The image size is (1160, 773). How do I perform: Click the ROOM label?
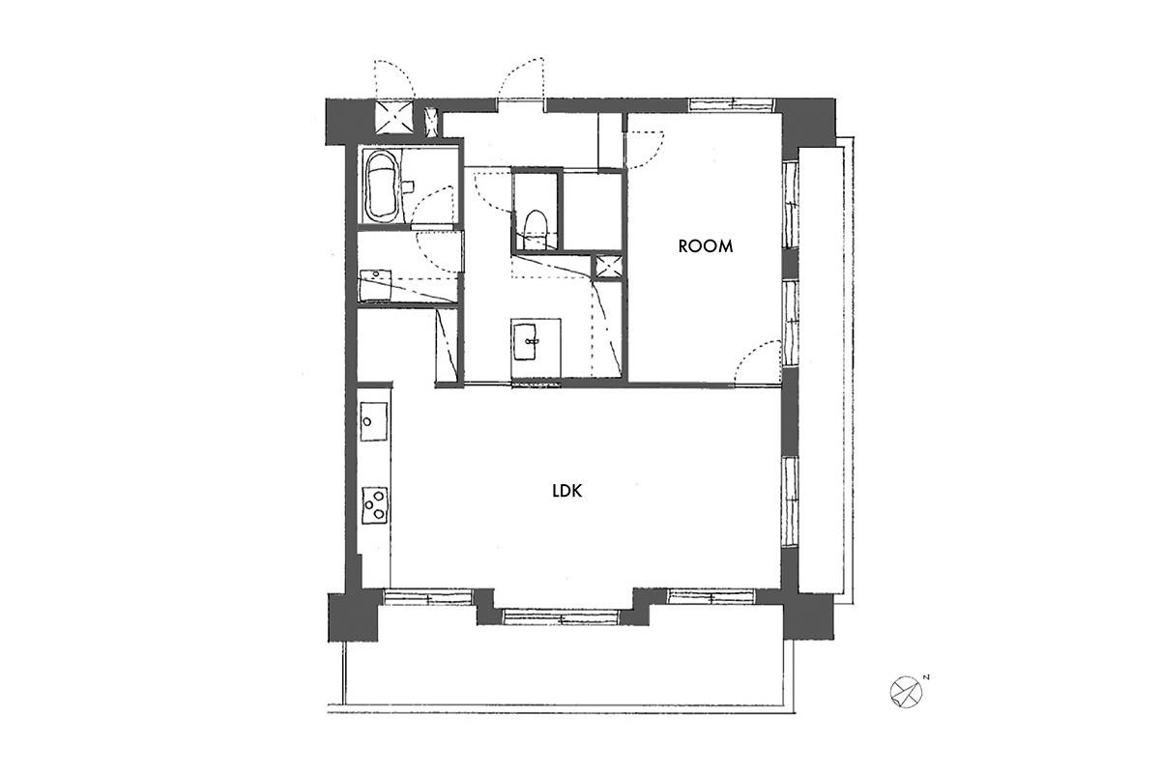pyautogui.click(x=706, y=246)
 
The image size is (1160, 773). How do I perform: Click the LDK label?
pyautogui.click(x=567, y=491)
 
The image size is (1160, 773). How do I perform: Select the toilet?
pyautogui.click(x=535, y=229)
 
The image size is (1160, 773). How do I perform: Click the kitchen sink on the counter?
pyautogui.click(x=373, y=421)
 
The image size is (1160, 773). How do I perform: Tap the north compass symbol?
pyautogui.click(x=907, y=692)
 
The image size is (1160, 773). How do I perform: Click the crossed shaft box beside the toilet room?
pyautogui.click(x=606, y=266)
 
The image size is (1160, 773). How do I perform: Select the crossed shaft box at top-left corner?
pyautogui.click(x=394, y=117)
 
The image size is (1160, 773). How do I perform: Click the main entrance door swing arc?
pyautogui.click(x=519, y=78)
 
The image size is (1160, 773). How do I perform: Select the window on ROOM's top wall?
pyautogui.click(x=732, y=104)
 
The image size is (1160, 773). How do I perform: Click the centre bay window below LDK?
pyautogui.click(x=562, y=616)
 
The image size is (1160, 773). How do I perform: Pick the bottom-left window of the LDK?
pyautogui.click(x=428, y=597)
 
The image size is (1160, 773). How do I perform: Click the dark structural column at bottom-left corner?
pyautogui.click(x=353, y=617)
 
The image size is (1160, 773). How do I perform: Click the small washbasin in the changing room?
pyautogui.click(x=375, y=285)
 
